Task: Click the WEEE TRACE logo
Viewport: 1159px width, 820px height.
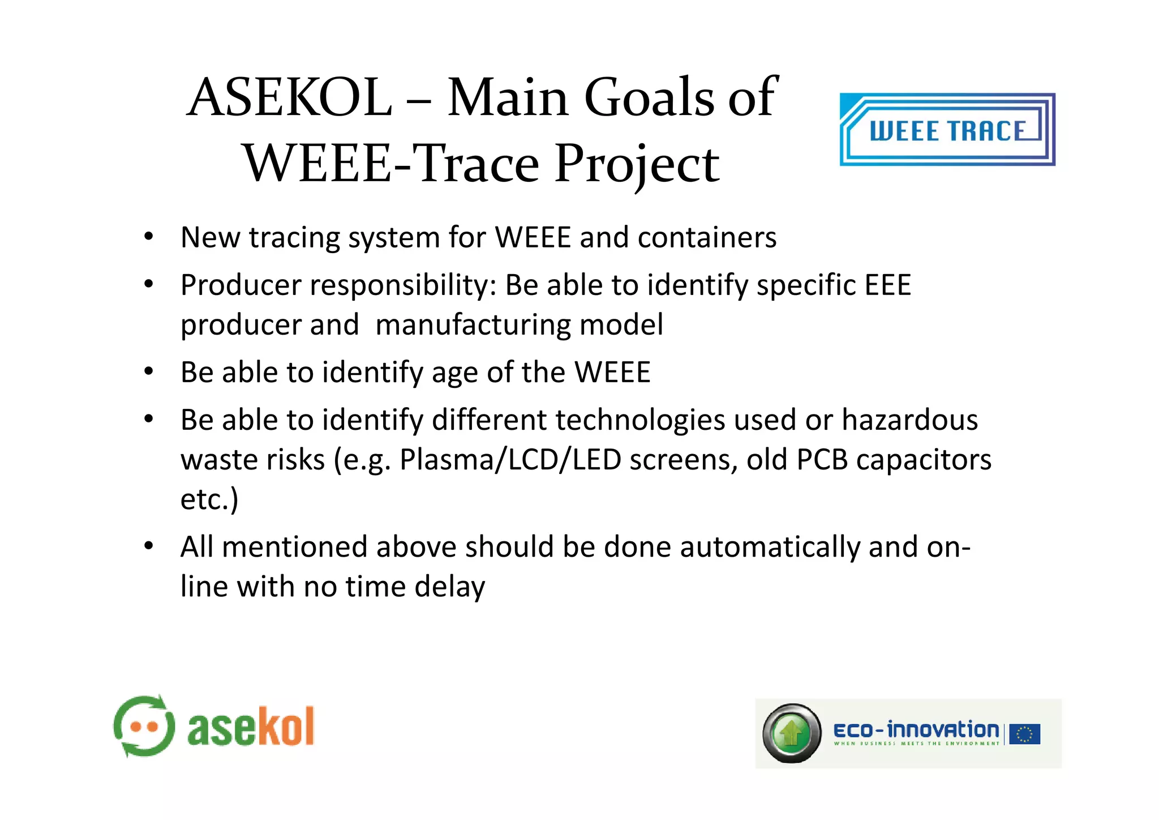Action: pyautogui.click(x=947, y=130)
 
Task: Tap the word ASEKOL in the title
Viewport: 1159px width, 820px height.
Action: pyautogui.click(x=289, y=97)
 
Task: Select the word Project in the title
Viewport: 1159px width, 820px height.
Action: pyautogui.click(x=637, y=164)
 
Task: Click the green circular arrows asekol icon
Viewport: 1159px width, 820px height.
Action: pyautogui.click(x=144, y=727)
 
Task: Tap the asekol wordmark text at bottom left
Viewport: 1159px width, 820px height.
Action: pyautogui.click(x=251, y=728)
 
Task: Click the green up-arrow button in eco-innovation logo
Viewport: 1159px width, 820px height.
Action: pyautogui.click(x=792, y=734)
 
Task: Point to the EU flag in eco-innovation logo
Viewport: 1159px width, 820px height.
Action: pyautogui.click(x=1024, y=734)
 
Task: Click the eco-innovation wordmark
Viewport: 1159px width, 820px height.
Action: pyautogui.click(x=916, y=731)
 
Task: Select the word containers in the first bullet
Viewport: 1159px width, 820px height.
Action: pyautogui.click(x=707, y=237)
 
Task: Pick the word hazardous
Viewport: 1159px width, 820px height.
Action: pyautogui.click(x=909, y=420)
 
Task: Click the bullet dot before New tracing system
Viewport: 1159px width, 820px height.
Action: pyautogui.click(x=148, y=237)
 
